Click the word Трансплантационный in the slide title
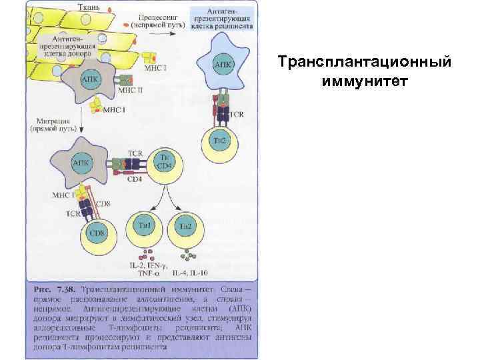click(366, 63)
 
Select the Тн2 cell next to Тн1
click(186, 227)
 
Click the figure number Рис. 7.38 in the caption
click(53, 290)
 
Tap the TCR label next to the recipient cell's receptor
click(237, 114)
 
